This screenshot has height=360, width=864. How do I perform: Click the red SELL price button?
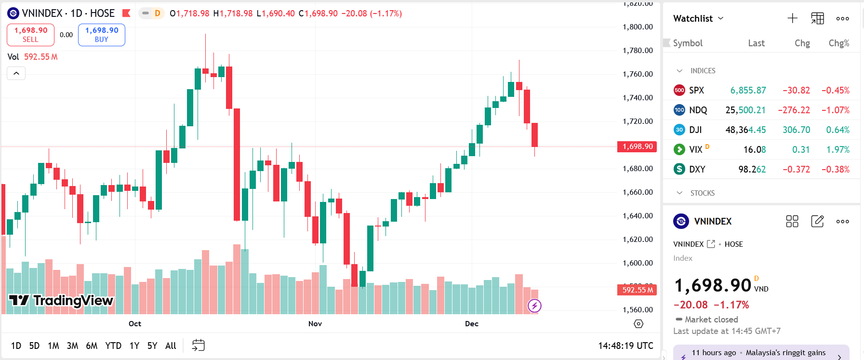coord(30,35)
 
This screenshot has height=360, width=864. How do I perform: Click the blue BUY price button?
coord(102,35)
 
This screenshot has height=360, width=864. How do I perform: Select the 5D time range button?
coord(34,346)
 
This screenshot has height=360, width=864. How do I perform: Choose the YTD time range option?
coord(113,346)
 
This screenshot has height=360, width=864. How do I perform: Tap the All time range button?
coord(171,346)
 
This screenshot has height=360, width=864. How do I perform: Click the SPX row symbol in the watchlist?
coord(696,90)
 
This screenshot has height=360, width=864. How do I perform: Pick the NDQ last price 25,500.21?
coord(745,110)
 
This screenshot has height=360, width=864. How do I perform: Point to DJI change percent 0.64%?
coord(837,130)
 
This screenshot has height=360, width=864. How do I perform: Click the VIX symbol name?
coord(695,149)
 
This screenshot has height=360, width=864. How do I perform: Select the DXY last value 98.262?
coord(752,169)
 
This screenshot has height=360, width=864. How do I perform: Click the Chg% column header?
coord(838,43)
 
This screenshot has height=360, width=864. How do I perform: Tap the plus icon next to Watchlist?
coord(792,18)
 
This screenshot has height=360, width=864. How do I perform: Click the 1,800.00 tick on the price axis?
coord(638,27)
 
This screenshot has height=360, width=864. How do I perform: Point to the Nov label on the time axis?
coord(315,323)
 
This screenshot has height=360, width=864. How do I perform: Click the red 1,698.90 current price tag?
coord(637,147)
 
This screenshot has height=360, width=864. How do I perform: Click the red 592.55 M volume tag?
coord(637,290)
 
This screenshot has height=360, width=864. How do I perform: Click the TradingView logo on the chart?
coord(61,300)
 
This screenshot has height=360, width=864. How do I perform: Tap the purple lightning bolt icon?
coord(534,306)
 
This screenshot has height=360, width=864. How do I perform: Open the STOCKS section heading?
coord(702,193)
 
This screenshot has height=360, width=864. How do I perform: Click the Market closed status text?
coord(711,320)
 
